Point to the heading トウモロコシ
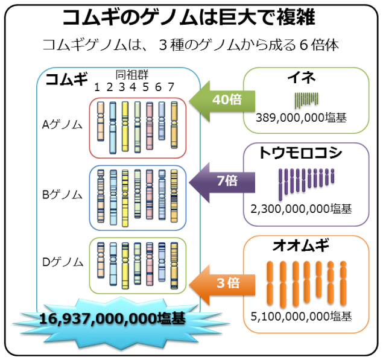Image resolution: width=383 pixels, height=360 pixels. click(x=300, y=153)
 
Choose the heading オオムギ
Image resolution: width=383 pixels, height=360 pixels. click(x=300, y=246)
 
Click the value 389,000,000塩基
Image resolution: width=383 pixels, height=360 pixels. click(x=301, y=118)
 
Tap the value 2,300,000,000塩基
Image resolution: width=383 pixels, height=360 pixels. click(x=301, y=209)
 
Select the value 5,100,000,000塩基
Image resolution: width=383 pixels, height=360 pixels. click(x=301, y=316)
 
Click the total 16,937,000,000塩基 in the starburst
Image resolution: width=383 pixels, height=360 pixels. click(x=112, y=318)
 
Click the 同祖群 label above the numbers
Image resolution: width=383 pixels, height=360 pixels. click(x=131, y=75)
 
